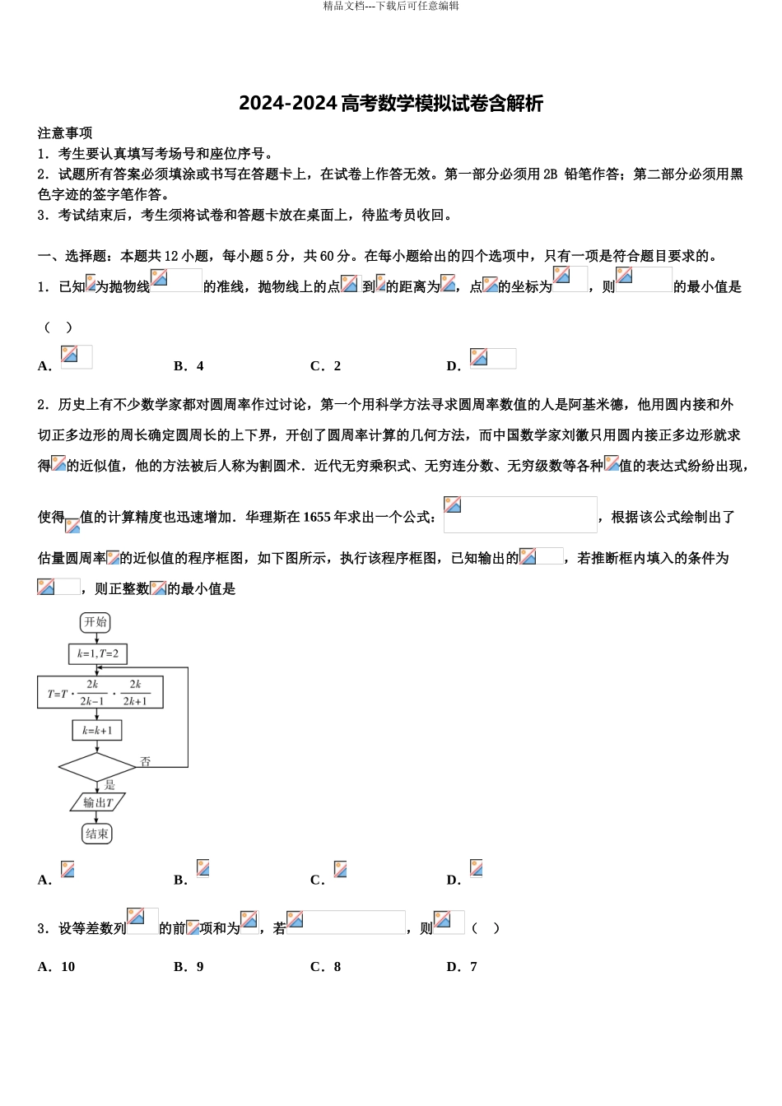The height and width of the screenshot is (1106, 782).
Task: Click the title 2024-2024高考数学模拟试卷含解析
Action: coord(391,104)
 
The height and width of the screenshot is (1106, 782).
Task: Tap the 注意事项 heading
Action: coord(65,133)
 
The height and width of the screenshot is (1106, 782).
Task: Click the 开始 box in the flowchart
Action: coord(96,622)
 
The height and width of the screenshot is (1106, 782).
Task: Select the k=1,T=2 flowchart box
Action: coord(98,654)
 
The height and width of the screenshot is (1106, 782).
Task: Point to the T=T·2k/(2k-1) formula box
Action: coord(100,693)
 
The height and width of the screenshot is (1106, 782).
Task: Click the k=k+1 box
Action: coord(97,731)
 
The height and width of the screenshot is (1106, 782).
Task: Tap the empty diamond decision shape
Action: coord(97,767)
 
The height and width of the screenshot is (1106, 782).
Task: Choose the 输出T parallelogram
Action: coord(97,802)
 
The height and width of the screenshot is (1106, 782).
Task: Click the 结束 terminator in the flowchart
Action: coord(97,834)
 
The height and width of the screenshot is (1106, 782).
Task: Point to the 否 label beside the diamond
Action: coord(146,762)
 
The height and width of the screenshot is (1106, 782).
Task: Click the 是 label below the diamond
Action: coord(109,785)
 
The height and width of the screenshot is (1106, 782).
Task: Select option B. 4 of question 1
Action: coord(189,366)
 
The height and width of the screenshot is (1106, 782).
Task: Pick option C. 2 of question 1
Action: coord(326,366)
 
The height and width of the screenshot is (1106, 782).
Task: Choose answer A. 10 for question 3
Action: coord(57,967)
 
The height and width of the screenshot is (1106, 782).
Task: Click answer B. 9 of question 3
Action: coord(189,967)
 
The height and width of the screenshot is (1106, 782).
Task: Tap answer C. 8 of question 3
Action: coord(326,967)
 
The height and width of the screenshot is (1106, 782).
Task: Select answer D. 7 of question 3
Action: coord(462,967)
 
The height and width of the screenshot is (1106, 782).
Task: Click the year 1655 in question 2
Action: coord(317,518)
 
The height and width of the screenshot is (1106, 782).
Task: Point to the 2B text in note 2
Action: coord(551,174)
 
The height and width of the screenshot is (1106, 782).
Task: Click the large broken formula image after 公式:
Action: coord(520,514)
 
